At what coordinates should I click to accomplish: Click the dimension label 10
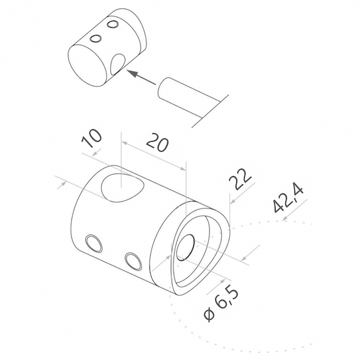(x=91, y=138)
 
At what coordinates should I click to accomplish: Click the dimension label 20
(x=157, y=144)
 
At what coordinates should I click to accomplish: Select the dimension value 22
(x=241, y=179)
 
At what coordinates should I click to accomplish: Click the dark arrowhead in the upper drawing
(x=133, y=73)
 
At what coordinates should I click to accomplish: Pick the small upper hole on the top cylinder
(x=113, y=25)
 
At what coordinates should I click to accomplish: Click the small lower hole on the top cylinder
(x=96, y=39)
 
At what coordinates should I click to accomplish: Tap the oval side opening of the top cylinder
(x=118, y=64)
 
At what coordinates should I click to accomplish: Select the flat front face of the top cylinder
(x=87, y=65)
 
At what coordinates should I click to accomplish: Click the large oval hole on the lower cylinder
(x=122, y=188)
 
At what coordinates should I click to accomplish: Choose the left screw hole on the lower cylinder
(x=94, y=244)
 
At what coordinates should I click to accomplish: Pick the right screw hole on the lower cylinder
(x=133, y=261)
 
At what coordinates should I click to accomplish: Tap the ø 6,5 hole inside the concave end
(x=185, y=247)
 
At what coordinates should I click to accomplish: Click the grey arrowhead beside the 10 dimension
(x=97, y=152)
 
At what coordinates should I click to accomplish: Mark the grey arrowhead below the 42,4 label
(x=285, y=218)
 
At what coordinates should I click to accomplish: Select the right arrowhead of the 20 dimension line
(x=182, y=169)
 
